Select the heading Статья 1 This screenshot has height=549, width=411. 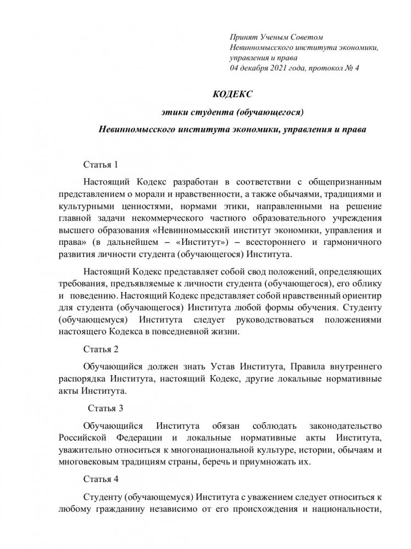[x=101, y=164]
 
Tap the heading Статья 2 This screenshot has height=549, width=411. [x=101, y=349]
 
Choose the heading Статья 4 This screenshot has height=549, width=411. [x=101, y=479]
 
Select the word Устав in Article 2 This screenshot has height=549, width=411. [x=251, y=366]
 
